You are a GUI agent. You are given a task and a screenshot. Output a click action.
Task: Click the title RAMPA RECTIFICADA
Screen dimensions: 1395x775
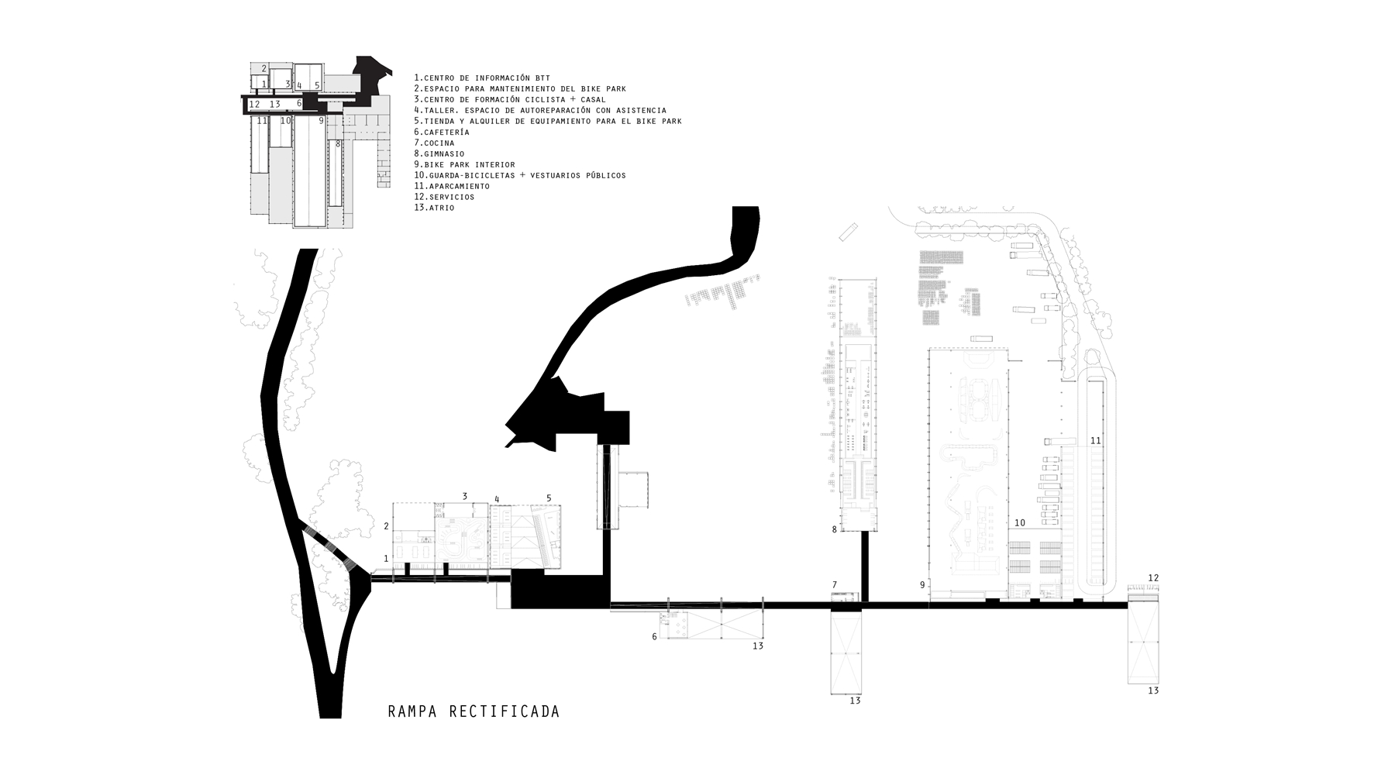click(474, 711)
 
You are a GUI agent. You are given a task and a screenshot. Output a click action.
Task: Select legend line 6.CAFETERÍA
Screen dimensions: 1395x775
click(442, 133)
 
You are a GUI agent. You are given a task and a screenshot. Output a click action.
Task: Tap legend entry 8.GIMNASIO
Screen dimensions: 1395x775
click(439, 154)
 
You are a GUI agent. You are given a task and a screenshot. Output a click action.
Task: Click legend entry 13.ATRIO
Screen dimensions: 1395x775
click(435, 208)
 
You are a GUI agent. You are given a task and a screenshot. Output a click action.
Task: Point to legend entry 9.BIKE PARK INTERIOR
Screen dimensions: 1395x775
click(464, 165)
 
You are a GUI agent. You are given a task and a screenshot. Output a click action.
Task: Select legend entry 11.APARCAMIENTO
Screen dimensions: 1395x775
click(452, 187)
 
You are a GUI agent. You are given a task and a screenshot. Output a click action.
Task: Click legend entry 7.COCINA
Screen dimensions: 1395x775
click(434, 143)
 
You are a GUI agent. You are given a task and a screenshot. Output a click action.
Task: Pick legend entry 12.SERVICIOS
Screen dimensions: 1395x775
click(444, 197)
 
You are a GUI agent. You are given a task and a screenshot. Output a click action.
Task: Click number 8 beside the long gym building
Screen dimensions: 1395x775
click(835, 530)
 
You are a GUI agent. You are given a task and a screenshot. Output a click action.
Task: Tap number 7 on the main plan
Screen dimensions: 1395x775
click(835, 585)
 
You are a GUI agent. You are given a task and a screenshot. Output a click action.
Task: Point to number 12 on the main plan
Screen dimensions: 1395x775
click(1153, 578)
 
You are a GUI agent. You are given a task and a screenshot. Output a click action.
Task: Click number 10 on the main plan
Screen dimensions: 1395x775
click(1020, 523)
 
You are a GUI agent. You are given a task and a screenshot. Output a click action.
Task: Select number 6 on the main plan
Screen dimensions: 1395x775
click(654, 637)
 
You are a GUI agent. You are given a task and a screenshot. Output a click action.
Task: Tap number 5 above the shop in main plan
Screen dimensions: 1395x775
click(549, 498)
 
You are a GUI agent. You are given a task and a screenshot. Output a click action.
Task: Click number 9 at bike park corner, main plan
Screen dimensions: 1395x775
click(922, 585)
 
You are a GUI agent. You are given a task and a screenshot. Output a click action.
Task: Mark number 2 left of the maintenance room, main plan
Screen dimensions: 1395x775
click(386, 526)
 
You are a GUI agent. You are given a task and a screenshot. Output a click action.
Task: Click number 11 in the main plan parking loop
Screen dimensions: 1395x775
click(1095, 441)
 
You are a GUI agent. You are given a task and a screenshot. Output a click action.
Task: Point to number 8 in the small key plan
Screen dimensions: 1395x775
click(338, 144)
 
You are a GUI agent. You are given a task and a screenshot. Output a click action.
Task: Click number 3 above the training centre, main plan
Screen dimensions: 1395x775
click(465, 496)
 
